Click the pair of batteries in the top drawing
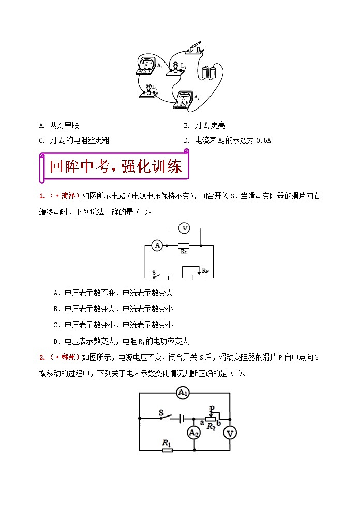pos(209,71)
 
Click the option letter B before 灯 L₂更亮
pos(186,126)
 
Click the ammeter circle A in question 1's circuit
pos(158,246)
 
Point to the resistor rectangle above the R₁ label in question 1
pos(183,246)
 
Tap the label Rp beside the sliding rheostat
pos(205,271)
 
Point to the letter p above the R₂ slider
pos(212,408)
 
